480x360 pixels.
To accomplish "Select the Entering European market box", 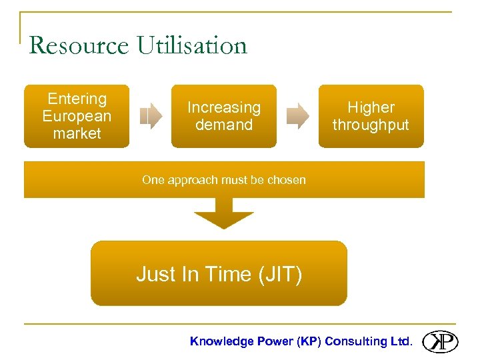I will [77, 116].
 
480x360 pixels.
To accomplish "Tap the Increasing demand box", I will [224, 116].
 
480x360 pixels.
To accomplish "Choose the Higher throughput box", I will [371, 116].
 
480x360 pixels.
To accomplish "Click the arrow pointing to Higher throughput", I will [297, 116].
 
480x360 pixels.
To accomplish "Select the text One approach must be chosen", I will [224, 180].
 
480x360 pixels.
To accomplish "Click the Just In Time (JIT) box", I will [219, 273].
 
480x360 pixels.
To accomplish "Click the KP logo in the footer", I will [441, 341].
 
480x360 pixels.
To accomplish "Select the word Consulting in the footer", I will [355, 341].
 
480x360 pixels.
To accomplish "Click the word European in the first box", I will [77, 116].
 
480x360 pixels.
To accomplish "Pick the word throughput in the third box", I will [371, 125].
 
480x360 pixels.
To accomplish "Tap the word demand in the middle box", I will [224, 125].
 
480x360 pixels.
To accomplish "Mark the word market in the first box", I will [77, 133].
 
